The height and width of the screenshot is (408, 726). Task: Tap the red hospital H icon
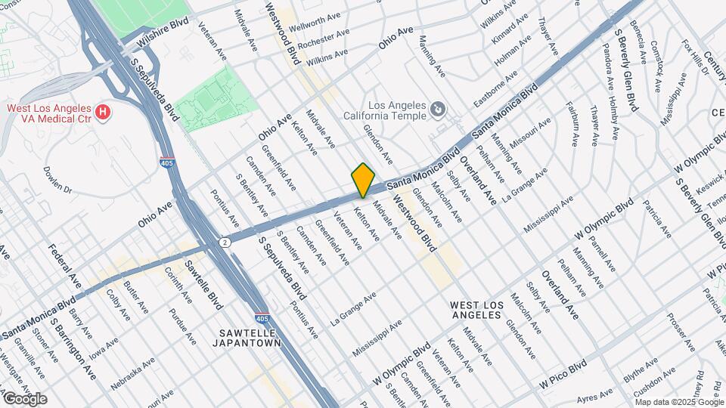click(x=104, y=114)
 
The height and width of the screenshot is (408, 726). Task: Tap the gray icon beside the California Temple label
click(x=436, y=111)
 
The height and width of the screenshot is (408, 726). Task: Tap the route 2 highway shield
click(x=225, y=242)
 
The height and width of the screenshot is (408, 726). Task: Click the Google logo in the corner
click(x=24, y=399)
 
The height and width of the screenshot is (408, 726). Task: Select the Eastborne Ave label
click(x=495, y=88)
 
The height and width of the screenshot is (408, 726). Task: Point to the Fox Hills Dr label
click(x=695, y=57)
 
